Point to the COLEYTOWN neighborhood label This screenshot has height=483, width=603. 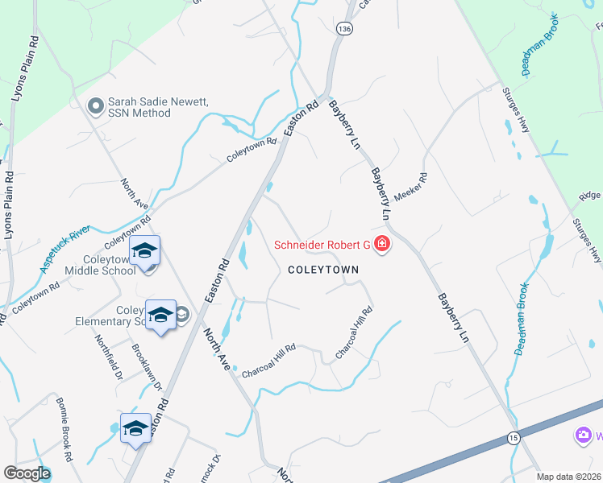(322, 270)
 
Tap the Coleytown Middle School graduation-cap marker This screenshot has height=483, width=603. (144, 253)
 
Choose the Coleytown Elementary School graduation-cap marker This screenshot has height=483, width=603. (160, 316)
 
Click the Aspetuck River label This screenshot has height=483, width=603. (68, 250)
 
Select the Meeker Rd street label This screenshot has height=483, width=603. (410, 188)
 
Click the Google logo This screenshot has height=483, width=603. (27, 473)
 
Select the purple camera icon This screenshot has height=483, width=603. (583, 436)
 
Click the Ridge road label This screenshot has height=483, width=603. (590, 196)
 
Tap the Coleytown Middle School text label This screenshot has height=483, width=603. (109, 266)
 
